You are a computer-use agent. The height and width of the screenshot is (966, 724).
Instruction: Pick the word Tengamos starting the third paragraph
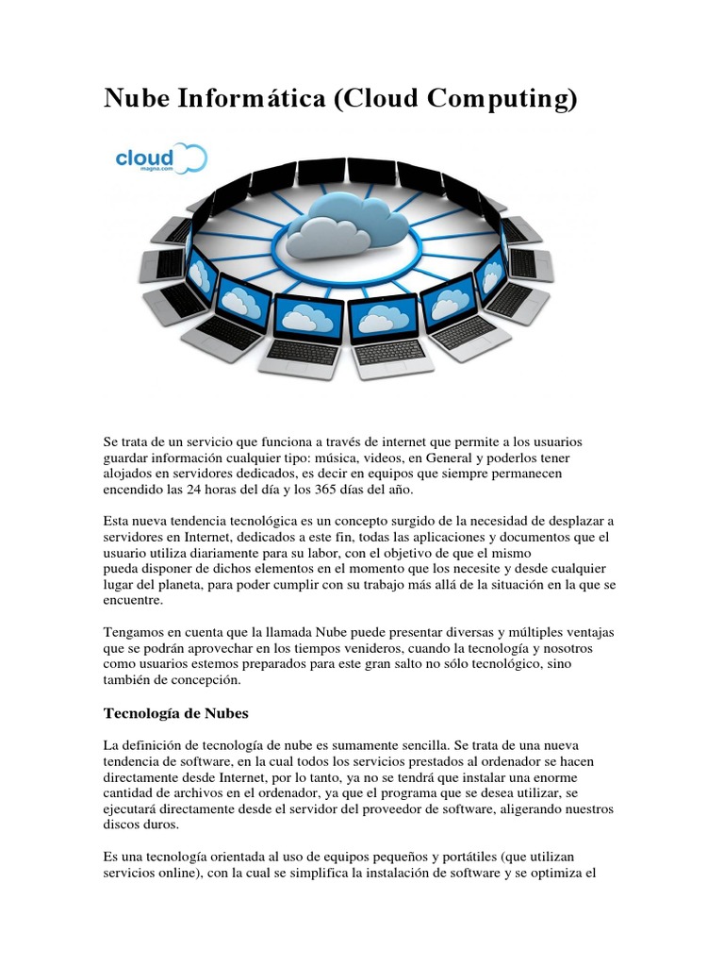134,631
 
